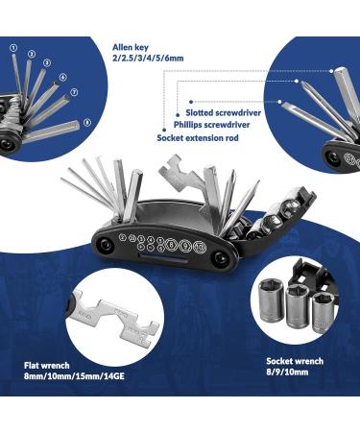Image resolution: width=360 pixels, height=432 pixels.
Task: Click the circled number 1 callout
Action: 13,45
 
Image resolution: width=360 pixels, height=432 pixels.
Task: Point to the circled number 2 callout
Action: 33,54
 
